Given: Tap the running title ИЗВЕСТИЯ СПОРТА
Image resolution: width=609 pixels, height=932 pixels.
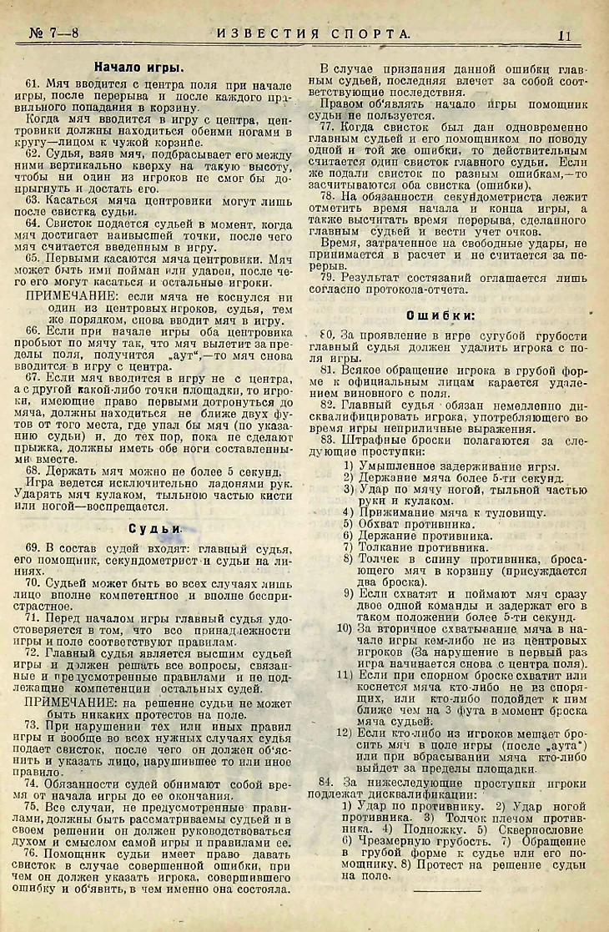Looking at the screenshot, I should pos(315,34).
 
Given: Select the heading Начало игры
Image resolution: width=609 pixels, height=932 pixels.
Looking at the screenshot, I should pos(138,68).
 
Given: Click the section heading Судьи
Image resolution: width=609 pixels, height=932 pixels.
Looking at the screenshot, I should pos(156,528).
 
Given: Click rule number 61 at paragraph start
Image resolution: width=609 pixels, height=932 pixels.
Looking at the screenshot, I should pos(34,86).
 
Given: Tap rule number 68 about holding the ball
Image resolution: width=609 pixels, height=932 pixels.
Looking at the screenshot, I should pos(34,471).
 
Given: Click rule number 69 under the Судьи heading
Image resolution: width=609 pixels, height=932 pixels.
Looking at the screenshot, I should pos(34,547).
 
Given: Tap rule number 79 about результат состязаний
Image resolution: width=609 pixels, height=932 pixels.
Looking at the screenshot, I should pos(328,276).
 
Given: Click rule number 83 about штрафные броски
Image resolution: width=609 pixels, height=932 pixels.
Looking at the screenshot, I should pos(328,439).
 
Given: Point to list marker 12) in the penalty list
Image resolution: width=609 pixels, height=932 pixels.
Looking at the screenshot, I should pos(345,732).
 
